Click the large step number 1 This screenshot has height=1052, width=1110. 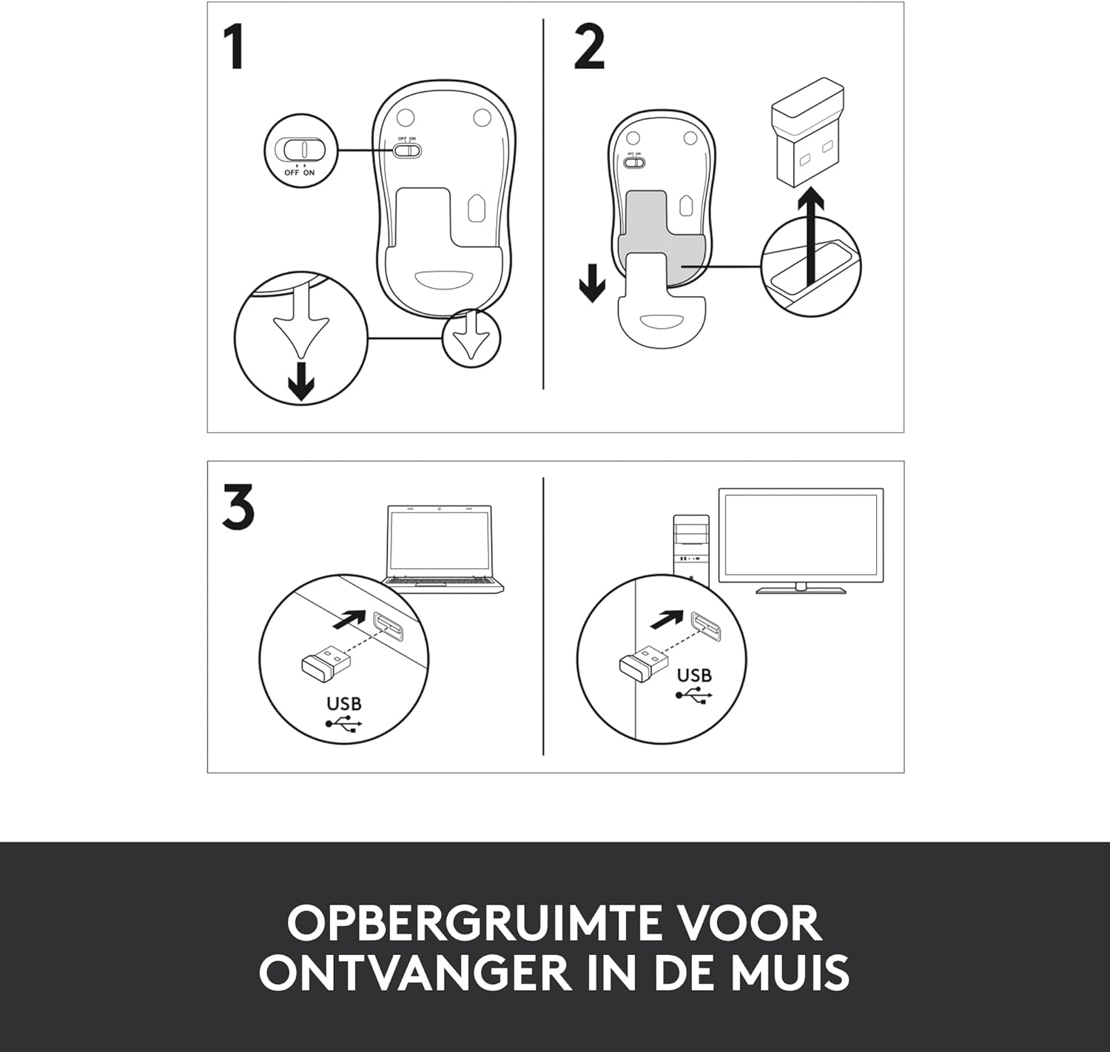(x=235, y=47)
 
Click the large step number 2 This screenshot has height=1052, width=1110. (x=589, y=47)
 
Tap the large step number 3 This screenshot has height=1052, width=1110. (x=238, y=506)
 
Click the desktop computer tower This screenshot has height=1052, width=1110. (x=692, y=545)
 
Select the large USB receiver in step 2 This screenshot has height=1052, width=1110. (x=807, y=135)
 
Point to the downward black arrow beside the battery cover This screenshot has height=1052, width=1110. (x=592, y=283)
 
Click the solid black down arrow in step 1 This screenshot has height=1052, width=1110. (x=301, y=381)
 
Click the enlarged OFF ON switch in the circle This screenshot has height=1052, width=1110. (x=304, y=150)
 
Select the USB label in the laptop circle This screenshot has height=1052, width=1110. (x=344, y=704)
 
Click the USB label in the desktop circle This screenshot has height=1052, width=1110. (x=694, y=676)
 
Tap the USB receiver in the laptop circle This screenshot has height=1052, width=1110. (x=326, y=661)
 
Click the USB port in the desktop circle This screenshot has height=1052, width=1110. (x=706, y=626)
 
